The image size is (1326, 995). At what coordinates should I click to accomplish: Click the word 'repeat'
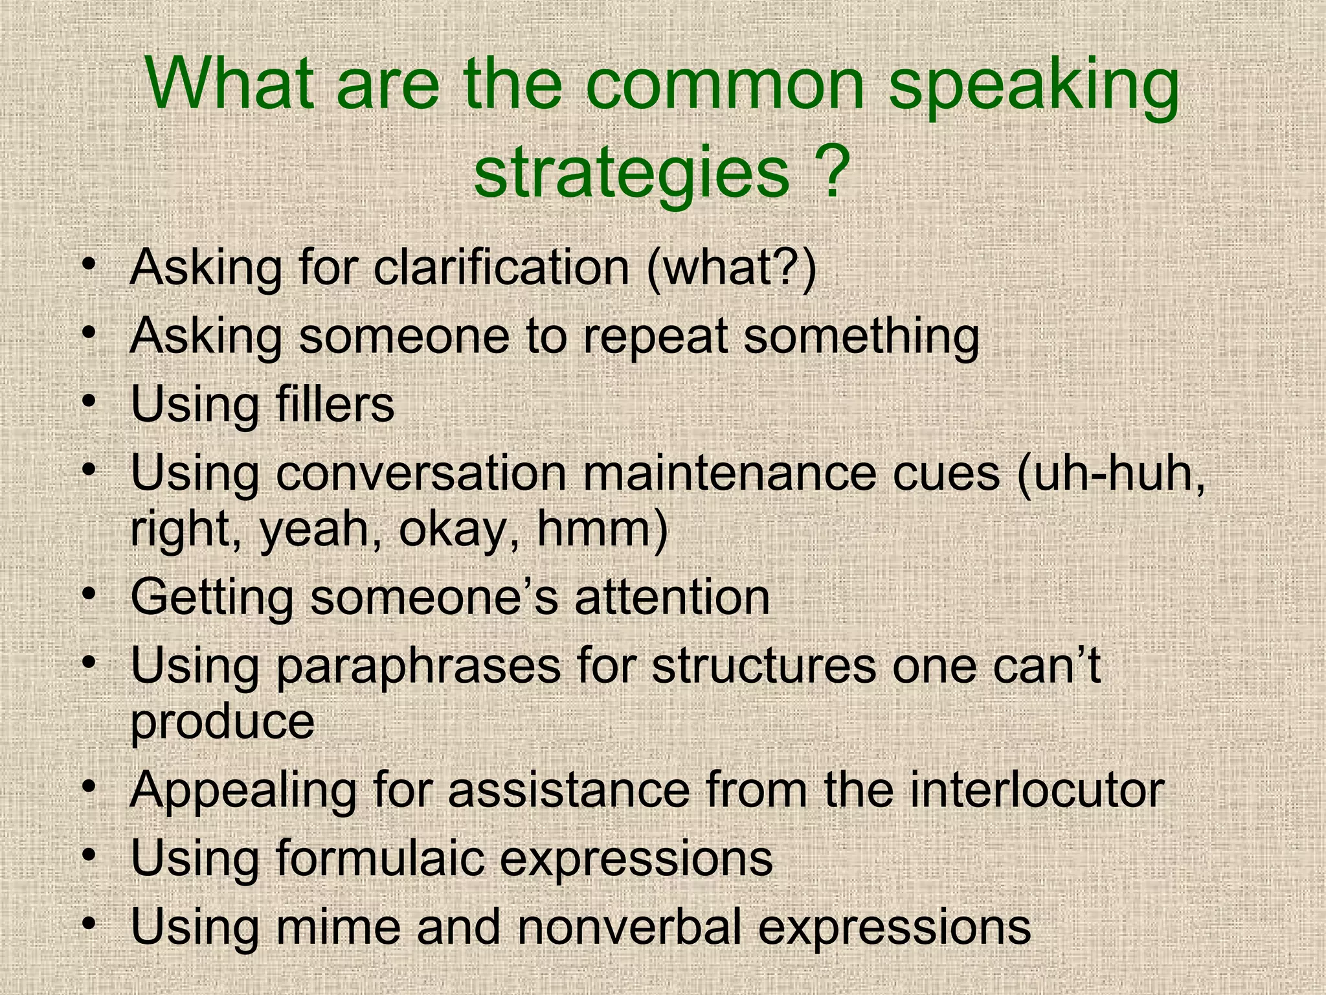tap(655, 337)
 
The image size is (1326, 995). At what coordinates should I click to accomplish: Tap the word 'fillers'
tap(335, 404)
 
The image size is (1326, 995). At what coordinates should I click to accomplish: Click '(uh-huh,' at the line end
tap(1111, 474)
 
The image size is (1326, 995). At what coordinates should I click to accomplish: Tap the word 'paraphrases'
tap(418, 666)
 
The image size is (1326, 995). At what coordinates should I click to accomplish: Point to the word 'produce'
tap(223, 723)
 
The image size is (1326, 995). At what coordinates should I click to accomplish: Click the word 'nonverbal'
tap(629, 926)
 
